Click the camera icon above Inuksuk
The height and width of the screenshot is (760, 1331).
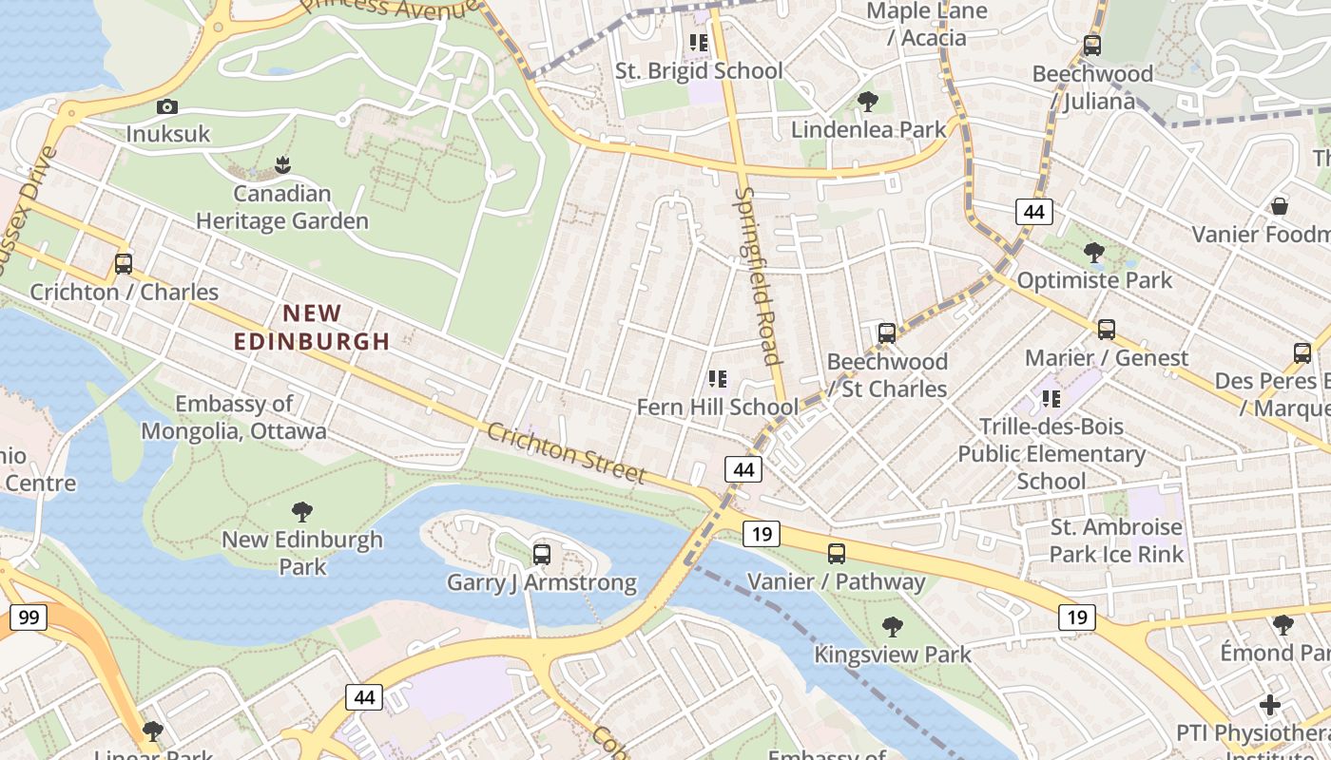[x=167, y=107]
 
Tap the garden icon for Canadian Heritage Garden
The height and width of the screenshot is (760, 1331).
[x=281, y=165]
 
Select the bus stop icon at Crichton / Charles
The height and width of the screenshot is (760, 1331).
[x=124, y=264]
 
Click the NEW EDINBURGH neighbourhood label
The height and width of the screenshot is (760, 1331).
[x=312, y=327]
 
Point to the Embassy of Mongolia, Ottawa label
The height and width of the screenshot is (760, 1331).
[x=234, y=418]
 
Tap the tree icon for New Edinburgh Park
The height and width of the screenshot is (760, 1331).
[x=302, y=512]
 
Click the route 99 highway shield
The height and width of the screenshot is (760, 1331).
[x=29, y=618]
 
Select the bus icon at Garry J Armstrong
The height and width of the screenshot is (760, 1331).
[x=542, y=554]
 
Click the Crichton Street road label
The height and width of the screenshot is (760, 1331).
[x=567, y=453]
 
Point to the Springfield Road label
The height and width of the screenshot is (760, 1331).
[x=758, y=275]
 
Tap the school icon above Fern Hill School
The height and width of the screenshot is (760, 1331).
[x=718, y=379]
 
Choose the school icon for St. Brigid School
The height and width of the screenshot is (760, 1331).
[x=699, y=43]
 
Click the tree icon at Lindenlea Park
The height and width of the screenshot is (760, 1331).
[x=867, y=101]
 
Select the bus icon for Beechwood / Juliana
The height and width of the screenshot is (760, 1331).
[x=1092, y=45]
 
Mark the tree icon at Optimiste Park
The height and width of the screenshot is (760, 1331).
[x=1094, y=253]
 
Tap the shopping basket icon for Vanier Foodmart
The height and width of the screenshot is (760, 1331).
[x=1280, y=206]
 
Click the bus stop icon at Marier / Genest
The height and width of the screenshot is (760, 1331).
[x=1107, y=330]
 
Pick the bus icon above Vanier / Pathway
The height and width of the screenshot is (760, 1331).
[x=837, y=554]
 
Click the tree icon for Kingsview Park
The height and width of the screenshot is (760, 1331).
[x=892, y=626]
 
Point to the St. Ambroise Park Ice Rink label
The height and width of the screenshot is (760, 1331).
[x=1116, y=541]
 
